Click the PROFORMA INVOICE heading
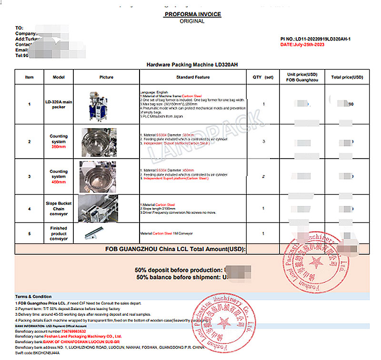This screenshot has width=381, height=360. [192, 14]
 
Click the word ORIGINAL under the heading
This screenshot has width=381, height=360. [192, 21]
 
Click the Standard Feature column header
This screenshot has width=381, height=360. [192, 77]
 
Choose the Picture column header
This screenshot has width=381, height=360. [106, 77]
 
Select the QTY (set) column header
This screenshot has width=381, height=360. [263, 77]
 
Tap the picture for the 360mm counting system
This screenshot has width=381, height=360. [99, 142]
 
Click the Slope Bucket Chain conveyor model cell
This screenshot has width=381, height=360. [59, 209]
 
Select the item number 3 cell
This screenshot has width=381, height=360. [30, 177]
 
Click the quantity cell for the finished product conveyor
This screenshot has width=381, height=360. [263, 233]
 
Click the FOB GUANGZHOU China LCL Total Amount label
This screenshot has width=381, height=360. [175, 249]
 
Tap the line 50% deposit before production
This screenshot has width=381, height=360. [179, 270]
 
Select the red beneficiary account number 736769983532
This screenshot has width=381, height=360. [71, 331]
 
